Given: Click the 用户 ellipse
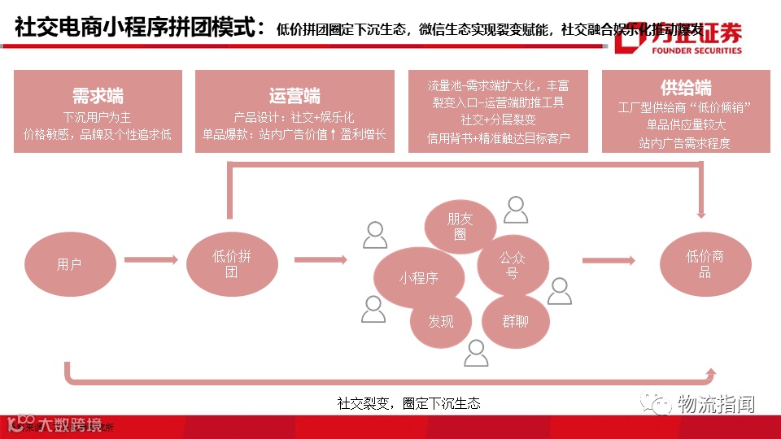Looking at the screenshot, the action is point(69,264).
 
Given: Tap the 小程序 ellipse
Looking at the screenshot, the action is point(418,278).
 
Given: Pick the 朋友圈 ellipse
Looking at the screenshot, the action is point(460,226).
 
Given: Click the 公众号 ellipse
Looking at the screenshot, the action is point(513,265).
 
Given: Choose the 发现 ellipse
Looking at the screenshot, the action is point(441,321).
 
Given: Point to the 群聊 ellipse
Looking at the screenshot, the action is point(515,321).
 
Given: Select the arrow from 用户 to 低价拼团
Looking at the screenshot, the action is point(151,260).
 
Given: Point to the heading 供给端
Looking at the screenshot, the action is point(686,88).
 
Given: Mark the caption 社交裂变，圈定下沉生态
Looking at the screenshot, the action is point(408,403).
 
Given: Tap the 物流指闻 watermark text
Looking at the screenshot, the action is point(716,403).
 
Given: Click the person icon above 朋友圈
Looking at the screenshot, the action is point(516,210).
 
